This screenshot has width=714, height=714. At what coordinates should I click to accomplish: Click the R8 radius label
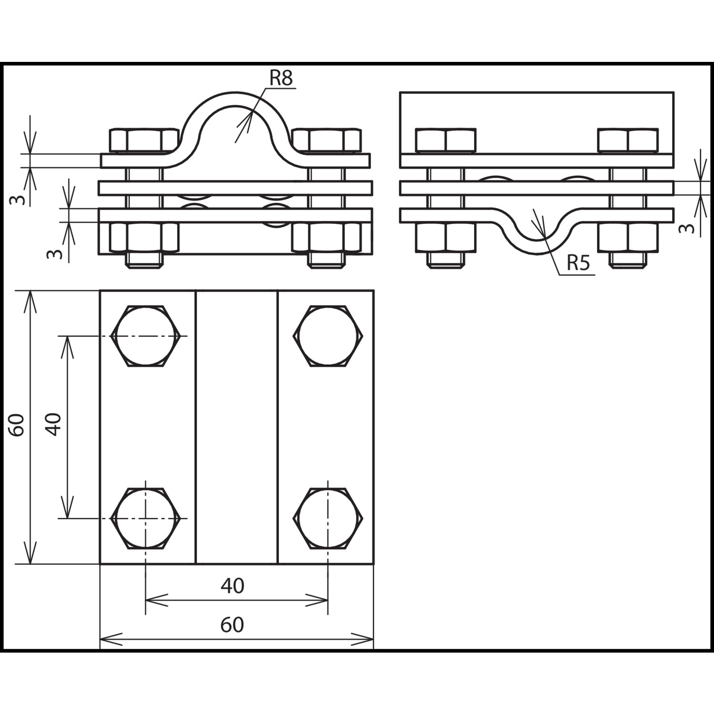[x=281, y=78]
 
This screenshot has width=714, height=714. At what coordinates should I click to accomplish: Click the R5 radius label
[x=578, y=262]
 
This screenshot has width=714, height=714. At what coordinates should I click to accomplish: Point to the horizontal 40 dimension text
[x=232, y=586]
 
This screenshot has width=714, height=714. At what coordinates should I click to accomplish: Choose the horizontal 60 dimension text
[x=232, y=625]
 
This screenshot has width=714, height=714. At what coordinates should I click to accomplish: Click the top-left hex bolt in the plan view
[x=146, y=336]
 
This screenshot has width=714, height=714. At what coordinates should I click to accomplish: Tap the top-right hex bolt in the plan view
[x=328, y=336]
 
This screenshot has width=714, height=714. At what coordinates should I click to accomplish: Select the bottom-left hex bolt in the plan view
[x=146, y=518]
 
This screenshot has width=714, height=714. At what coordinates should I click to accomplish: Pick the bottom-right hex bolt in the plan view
[x=328, y=518]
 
